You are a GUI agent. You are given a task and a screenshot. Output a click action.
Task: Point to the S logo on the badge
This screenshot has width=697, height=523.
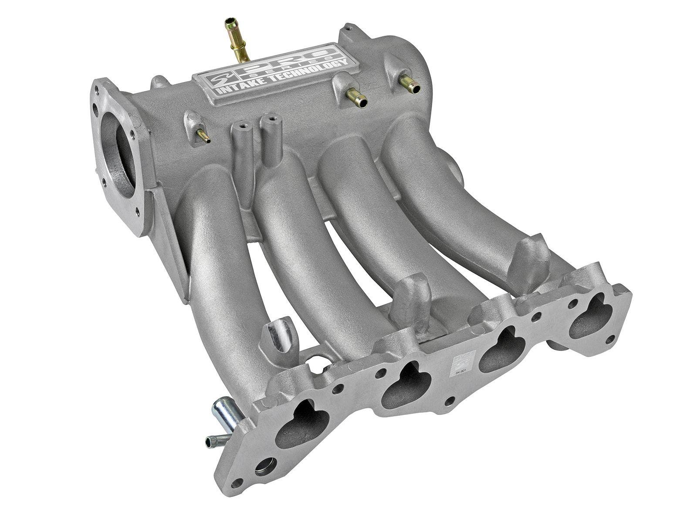pos(213,81)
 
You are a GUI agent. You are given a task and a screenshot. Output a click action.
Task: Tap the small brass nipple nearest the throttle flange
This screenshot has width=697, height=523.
pos(202,136)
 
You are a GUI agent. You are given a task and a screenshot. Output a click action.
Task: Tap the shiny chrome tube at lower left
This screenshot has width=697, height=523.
pos(222,414)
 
